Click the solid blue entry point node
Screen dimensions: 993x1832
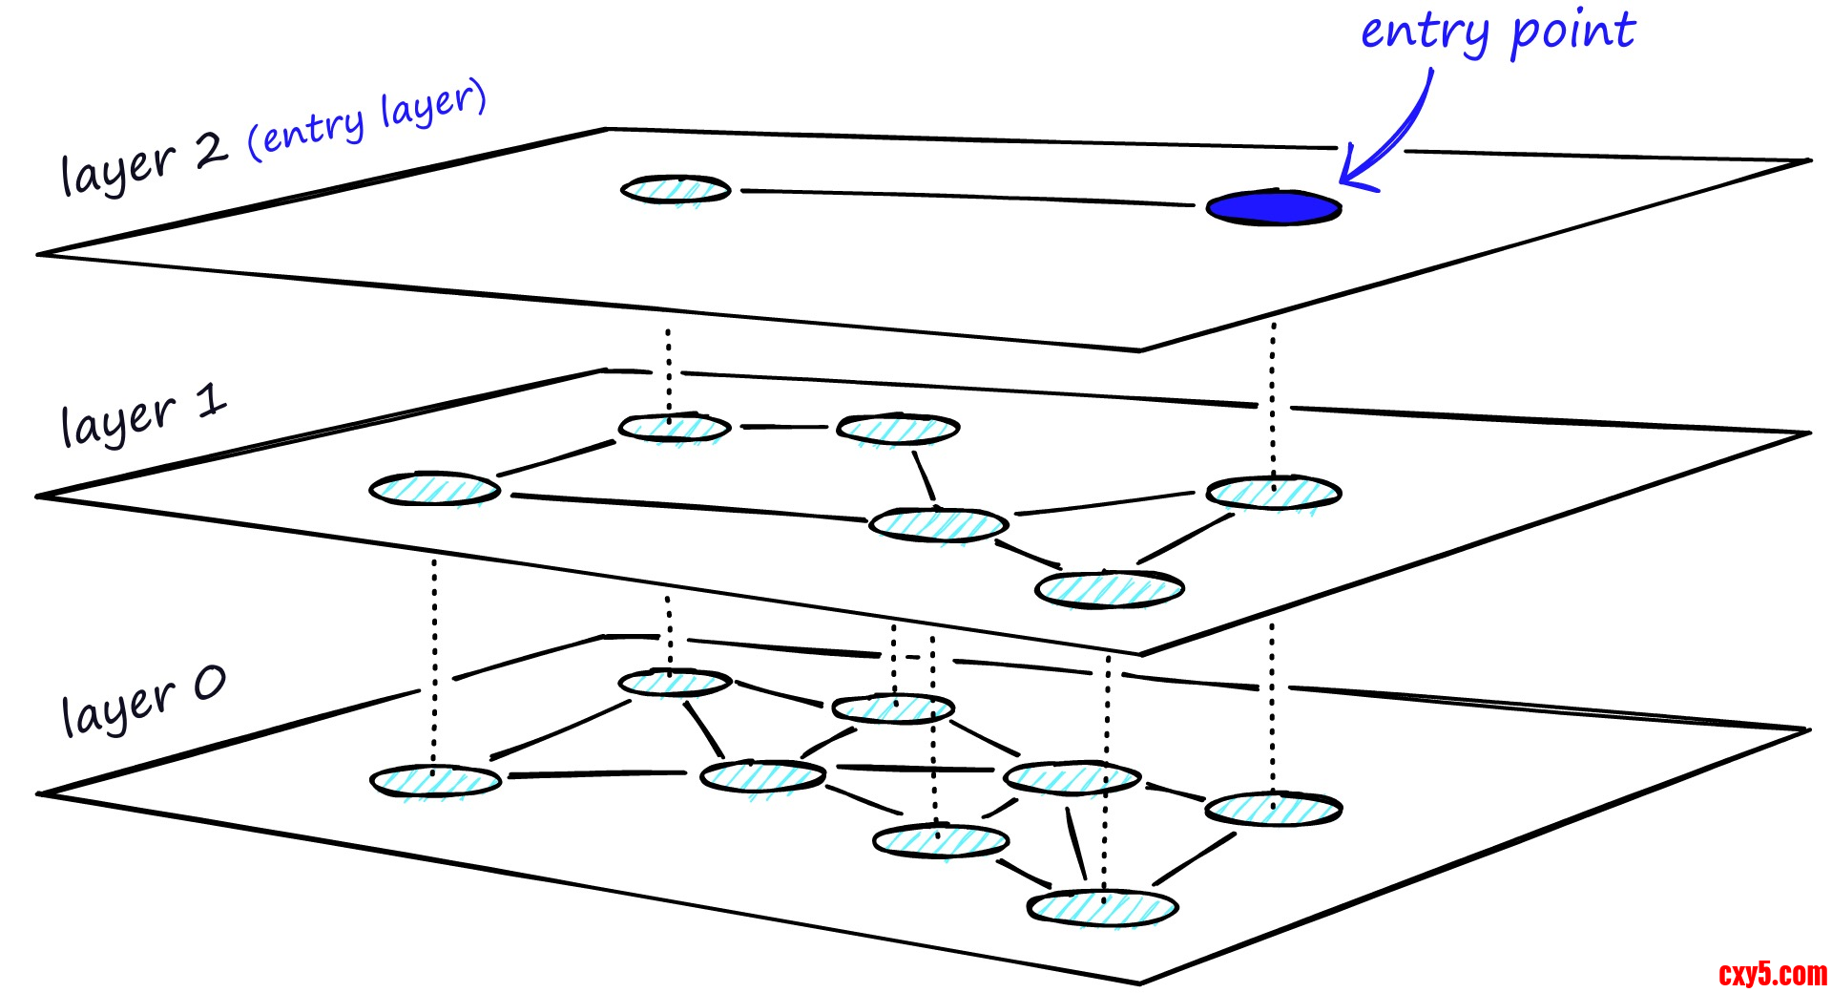coord(1273,208)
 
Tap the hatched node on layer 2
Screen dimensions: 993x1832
coord(676,189)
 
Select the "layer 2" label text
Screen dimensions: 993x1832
coord(143,162)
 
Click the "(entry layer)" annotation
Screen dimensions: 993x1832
coord(367,119)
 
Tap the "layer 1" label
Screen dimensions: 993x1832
coord(143,415)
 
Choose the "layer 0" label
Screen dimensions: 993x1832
coord(143,702)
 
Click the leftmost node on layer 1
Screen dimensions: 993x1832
coord(434,489)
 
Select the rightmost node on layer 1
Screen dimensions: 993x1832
coord(1273,493)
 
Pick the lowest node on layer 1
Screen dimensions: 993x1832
coord(1109,587)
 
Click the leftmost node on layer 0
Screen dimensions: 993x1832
coord(435,781)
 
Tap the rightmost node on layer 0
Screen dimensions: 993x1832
coord(1273,809)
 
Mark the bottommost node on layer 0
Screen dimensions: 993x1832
coord(1102,907)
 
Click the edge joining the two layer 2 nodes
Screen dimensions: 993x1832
coord(964,197)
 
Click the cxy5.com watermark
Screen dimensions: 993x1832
coord(1772,974)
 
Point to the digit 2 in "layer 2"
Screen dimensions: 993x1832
coord(211,150)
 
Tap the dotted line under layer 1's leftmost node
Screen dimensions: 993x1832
coord(434,659)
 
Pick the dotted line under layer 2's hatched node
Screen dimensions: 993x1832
coord(668,372)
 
